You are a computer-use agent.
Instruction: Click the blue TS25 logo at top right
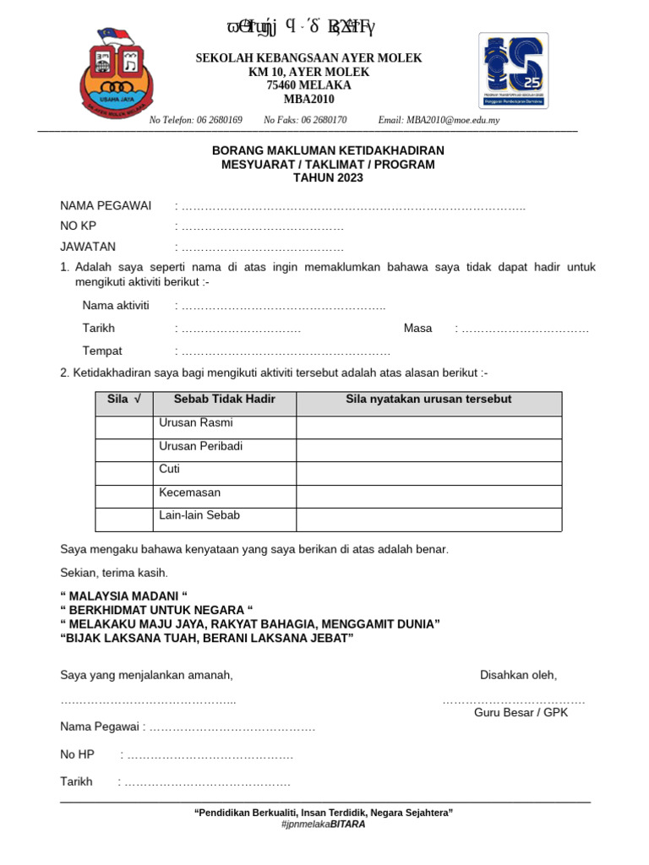point(514,71)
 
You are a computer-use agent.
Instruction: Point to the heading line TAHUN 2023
point(328,177)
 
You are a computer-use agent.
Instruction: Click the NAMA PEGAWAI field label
point(106,205)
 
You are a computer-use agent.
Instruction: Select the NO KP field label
point(79,226)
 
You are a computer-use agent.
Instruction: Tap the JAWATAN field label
point(88,247)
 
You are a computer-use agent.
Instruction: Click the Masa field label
point(417,328)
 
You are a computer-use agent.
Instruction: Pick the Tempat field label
point(102,351)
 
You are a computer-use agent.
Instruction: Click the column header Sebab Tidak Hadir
point(225,399)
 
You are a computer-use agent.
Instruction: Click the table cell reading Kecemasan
point(189,491)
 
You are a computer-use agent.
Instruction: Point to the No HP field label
point(77,753)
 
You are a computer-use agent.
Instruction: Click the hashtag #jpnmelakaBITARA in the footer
point(324,824)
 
